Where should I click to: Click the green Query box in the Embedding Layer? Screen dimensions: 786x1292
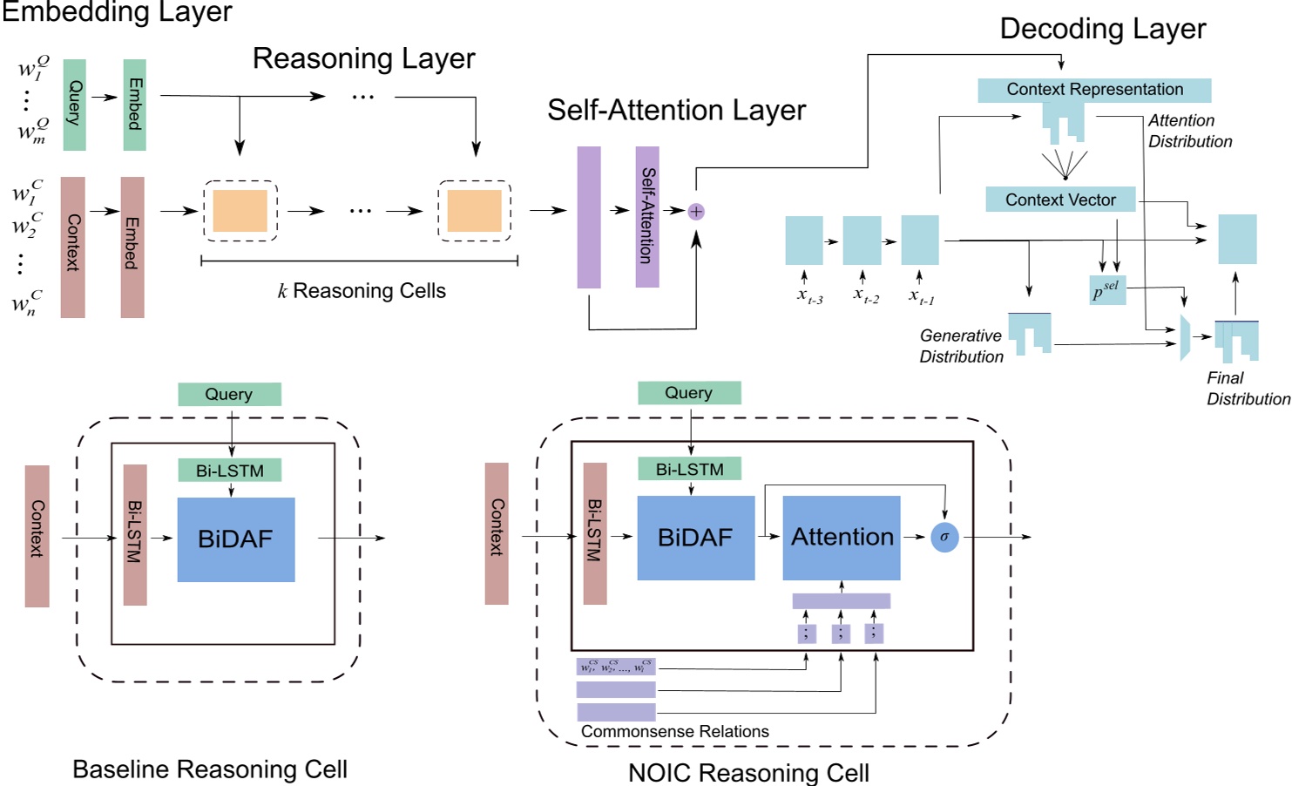[x=74, y=105]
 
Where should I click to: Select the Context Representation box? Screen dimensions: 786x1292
[x=1094, y=90]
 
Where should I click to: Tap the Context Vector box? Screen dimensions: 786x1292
[x=1060, y=200]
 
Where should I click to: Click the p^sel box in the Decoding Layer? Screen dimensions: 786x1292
[x=1107, y=290]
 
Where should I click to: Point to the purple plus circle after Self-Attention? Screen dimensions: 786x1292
[x=696, y=211]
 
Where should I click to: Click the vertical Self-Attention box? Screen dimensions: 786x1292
[x=647, y=216]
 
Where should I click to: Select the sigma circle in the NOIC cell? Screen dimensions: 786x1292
[x=944, y=537]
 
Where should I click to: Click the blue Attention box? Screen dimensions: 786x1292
[x=842, y=538]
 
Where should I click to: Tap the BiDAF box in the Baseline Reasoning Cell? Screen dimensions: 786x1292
[x=236, y=539]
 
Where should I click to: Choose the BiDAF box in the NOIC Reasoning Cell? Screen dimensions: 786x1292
[x=695, y=538]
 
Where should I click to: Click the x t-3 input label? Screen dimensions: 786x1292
[x=809, y=295]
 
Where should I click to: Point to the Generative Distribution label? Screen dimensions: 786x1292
[x=961, y=346]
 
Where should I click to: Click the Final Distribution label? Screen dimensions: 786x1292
[x=1246, y=389]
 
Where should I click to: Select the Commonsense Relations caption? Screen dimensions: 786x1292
[x=674, y=732]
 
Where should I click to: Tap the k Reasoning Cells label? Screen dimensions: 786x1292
[x=362, y=291]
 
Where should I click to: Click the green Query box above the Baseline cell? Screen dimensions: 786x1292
[x=229, y=394]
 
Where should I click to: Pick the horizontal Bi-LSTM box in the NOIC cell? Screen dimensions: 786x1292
[x=689, y=469]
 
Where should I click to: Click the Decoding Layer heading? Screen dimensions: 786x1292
[x=1102, y=29]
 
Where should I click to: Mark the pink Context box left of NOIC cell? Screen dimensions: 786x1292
[x=497, y=533]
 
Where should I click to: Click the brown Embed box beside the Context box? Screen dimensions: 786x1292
[x=132, y=247]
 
